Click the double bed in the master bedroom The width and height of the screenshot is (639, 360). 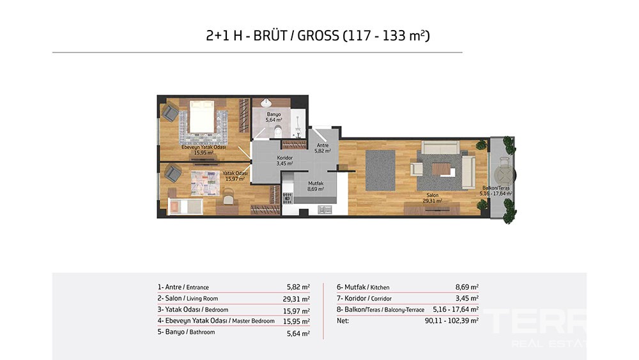point(202,116)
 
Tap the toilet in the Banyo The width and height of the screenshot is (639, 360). point(279,131)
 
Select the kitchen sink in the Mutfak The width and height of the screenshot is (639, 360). point(325,210)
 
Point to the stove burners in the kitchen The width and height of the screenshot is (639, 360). point(288,198)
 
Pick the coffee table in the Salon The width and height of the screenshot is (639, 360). point(442,168)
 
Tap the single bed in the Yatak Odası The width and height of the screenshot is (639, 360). point(185,207)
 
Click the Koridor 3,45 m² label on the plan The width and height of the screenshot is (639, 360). point(285,160)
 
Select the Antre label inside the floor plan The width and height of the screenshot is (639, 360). point(323,145)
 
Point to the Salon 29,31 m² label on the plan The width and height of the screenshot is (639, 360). point(433,198)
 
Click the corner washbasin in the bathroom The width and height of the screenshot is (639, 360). point(266,102)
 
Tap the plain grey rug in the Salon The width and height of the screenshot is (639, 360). point(380,171)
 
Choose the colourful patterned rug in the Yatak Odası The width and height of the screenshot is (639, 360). point(205,183)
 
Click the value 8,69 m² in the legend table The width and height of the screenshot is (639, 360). point(467,287)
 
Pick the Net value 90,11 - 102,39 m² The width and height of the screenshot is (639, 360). point(452,320)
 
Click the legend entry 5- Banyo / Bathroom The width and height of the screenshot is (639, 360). point(186,332)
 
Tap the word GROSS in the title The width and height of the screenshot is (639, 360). point(318,36)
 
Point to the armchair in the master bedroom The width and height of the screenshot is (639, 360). point(171,112)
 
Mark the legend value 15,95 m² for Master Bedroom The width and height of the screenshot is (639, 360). point(296,321)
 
